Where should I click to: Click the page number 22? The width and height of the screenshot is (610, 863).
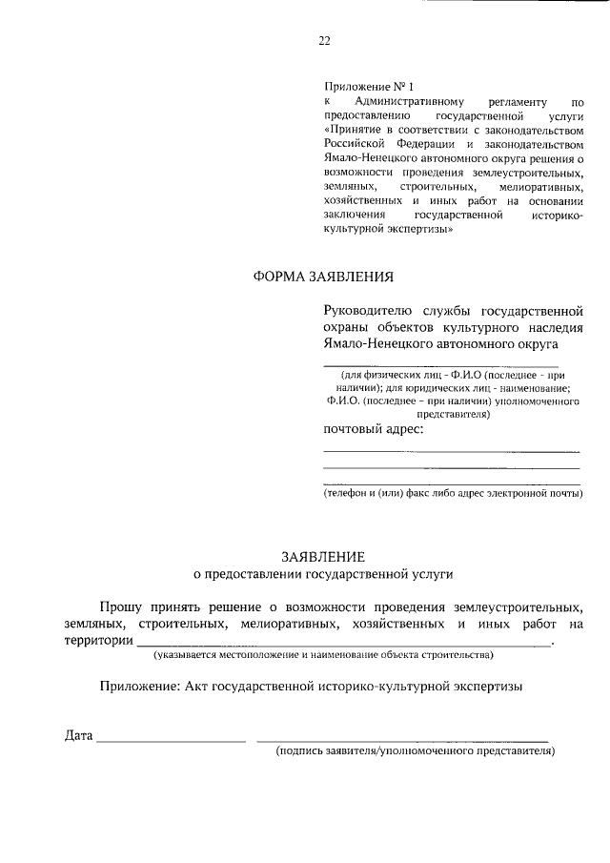click(323, 40)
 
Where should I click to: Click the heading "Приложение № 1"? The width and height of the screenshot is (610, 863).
click(364, 86)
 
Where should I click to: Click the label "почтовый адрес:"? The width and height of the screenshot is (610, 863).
click(374, 429)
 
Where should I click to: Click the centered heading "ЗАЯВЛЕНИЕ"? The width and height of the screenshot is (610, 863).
click(322, 555)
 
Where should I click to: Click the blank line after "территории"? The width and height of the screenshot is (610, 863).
click(343, 645)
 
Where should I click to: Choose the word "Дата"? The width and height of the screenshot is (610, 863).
click(79, 735)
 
